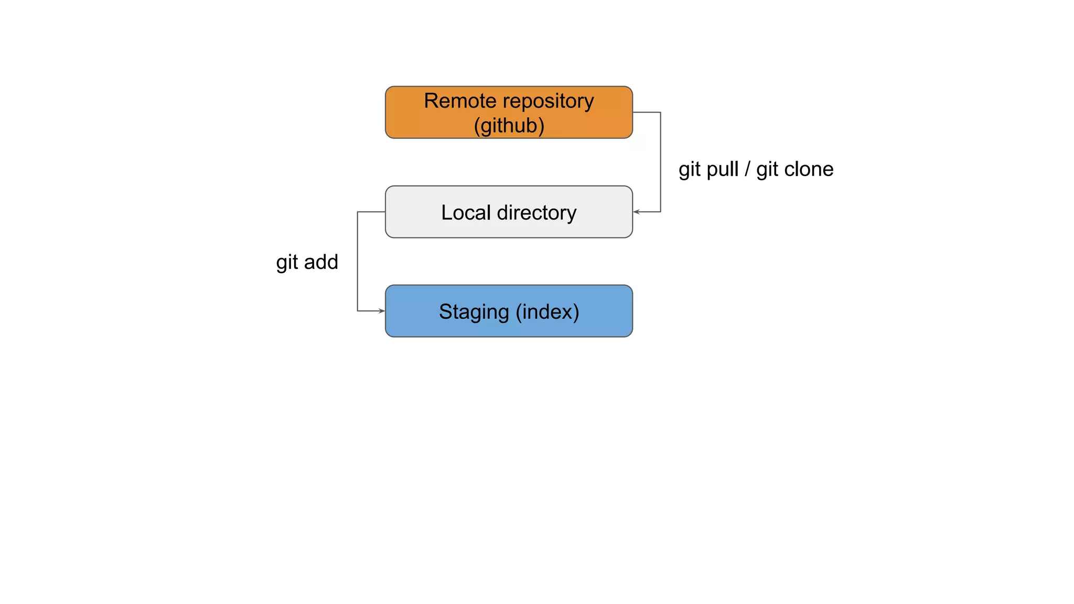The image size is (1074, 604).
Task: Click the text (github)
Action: [509, 126]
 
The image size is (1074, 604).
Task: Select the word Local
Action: [466, 212]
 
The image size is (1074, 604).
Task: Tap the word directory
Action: [536, 213]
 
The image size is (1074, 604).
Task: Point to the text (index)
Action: [547, 312]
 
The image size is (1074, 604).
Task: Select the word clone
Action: [809, 169]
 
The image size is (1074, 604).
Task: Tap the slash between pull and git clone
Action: [747, 169]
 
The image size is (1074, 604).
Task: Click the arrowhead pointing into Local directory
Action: [637, 212]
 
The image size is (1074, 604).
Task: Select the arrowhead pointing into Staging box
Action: [381, 311]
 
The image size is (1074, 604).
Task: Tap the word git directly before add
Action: [286, 263]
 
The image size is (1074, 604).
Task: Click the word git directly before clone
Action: [767, 170]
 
